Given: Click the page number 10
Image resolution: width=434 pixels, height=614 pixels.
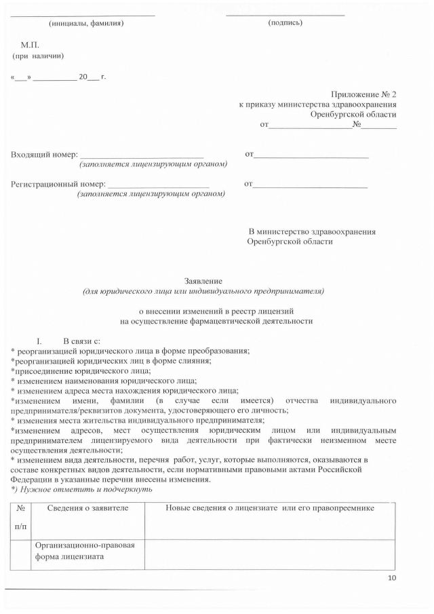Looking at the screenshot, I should (x=391, y=578).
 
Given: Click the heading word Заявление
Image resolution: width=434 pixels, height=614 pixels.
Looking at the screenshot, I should (x=203, y=281).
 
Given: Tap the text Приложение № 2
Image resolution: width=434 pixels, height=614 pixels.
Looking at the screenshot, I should (x=363, y=94).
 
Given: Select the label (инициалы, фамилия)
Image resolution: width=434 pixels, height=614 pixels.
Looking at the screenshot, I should (x=86, y=22).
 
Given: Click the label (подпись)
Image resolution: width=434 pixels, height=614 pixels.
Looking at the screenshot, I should (x=285, y=22).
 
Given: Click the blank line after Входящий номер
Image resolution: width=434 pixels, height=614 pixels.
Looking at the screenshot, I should (x=142, y=155).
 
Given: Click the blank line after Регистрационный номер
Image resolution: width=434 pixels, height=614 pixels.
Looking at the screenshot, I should (x=159, y=184).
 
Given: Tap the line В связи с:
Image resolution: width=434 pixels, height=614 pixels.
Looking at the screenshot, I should (x=81, y=340).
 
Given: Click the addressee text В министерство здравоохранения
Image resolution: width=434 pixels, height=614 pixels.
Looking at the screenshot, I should (x=312, y=231).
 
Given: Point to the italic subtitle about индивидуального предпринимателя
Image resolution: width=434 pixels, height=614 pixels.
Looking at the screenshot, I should (x=203, y=292).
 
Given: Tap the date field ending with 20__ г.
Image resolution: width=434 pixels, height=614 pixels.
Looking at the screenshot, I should (x=58, y=77).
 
